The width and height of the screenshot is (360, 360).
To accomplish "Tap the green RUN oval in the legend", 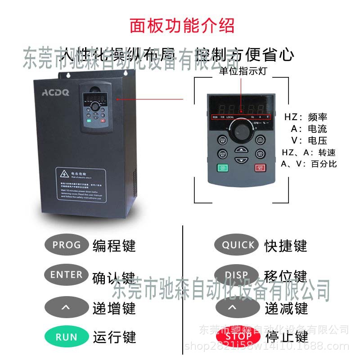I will click(x=66, y=337).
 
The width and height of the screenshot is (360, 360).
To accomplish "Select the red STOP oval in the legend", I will click(x=238, y=336).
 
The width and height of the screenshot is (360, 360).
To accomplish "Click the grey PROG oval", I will click(x=66, y=245).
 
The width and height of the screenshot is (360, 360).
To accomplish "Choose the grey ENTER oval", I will click(x=66, y=274).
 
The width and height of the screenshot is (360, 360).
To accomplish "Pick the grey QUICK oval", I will click(x=238, y=245).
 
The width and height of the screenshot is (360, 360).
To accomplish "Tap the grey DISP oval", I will click(x=238, y=275).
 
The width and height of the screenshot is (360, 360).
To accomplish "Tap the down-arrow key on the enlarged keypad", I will click(x=242, y=160).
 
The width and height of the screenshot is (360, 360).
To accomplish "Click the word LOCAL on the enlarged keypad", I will click(x=230, y=117).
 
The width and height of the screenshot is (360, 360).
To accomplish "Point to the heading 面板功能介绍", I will click(x=182, y=26).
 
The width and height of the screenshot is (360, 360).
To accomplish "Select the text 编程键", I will click(x=114, y=246).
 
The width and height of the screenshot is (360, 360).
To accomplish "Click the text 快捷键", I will click(x=285, y=246).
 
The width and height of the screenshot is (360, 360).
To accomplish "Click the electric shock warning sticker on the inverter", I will click(x=81, y=183).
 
